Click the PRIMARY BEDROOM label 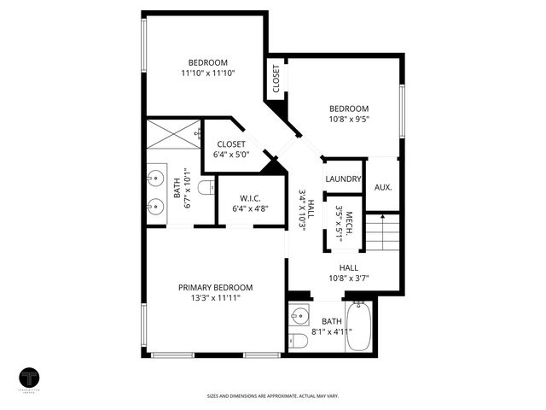[x=215, y=288]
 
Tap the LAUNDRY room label [x=344, y=179]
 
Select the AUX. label [x=383, y=186]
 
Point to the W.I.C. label [x=251, y=197]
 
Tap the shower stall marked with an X [x=173, y=135]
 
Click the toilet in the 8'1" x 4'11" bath [x=298, y=343]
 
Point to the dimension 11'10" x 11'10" [x=207, y=73]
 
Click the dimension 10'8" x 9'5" [x=349, y=120]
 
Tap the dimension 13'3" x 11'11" [x=215, y=299]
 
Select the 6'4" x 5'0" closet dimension [x=231, y=155]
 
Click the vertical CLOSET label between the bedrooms [x=276, y=79]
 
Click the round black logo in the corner [x=31, y=379]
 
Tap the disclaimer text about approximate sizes [x=272, y=395]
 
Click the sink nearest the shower [x=155, y=179]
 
